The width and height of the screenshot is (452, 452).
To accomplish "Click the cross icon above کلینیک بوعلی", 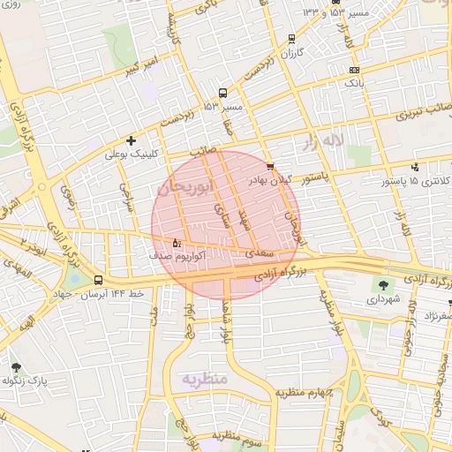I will [x=132, y=139].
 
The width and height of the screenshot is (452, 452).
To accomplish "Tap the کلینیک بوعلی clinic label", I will [x=132, y=154].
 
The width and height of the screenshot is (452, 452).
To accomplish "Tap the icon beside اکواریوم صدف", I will [x=176, y=242].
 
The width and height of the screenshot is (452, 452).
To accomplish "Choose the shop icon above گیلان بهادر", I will [x=270, y=166].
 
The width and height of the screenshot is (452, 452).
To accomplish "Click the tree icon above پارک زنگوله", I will [x=16, y=366].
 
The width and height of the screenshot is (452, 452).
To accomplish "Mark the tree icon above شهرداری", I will [x=383, y=284].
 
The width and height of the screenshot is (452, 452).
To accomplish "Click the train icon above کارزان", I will [x=292, y=39].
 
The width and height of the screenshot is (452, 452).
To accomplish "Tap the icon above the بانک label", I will [x=354, y=70].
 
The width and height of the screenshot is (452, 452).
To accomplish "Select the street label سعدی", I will [x=256, y=253].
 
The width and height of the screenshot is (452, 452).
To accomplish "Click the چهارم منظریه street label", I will [x=300, y=391].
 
